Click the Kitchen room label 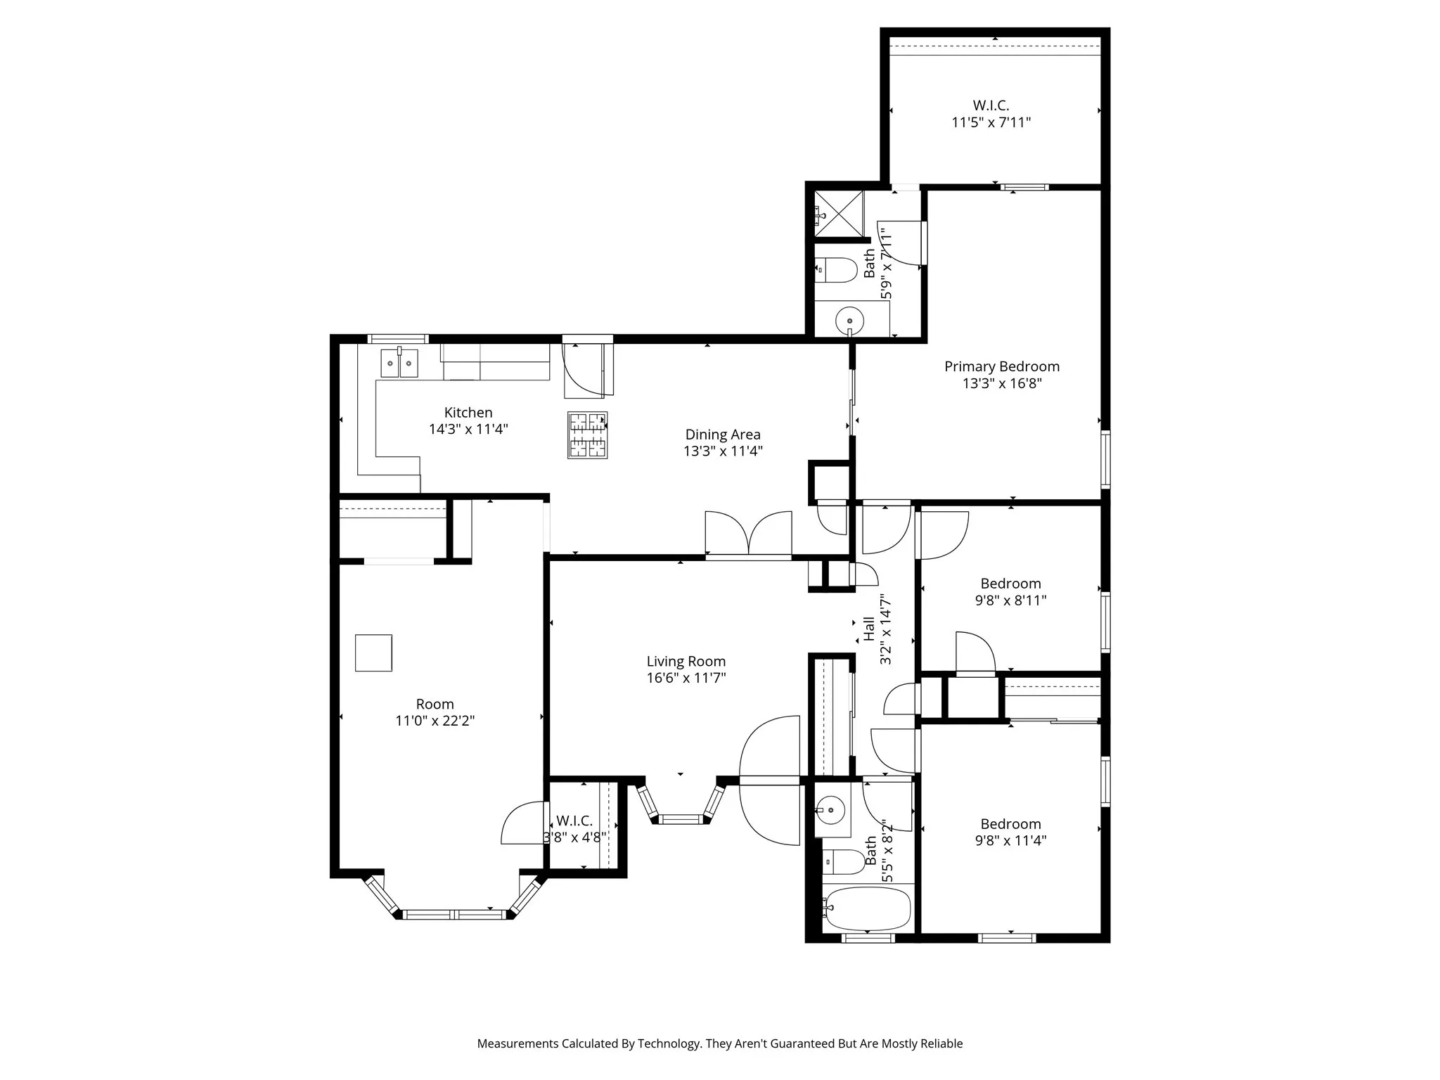(x=468, y=413)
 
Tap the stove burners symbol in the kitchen (x=587, y=436)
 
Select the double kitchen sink (x=399, y=364)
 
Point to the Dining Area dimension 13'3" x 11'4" (x=723, y=451)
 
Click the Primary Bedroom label (x=1001, y=366)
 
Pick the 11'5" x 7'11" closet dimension (x=991, y=122)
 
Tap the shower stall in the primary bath (x=839, y=213)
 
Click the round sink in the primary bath (x=849, y=322)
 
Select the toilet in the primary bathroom (x=836, y=270)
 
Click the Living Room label (x=686, y=662)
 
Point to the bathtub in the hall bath (x=868, y=908)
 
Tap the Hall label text (x=869, y=629)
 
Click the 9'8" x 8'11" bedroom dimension (x=1010, y=600)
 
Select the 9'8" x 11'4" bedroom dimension (x=1010, y=840)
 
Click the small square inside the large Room (x=373, y=653)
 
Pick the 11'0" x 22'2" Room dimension (x=435, y=721)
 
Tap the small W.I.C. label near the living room (x=574, y=821)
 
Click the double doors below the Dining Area (x=749, y=536)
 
